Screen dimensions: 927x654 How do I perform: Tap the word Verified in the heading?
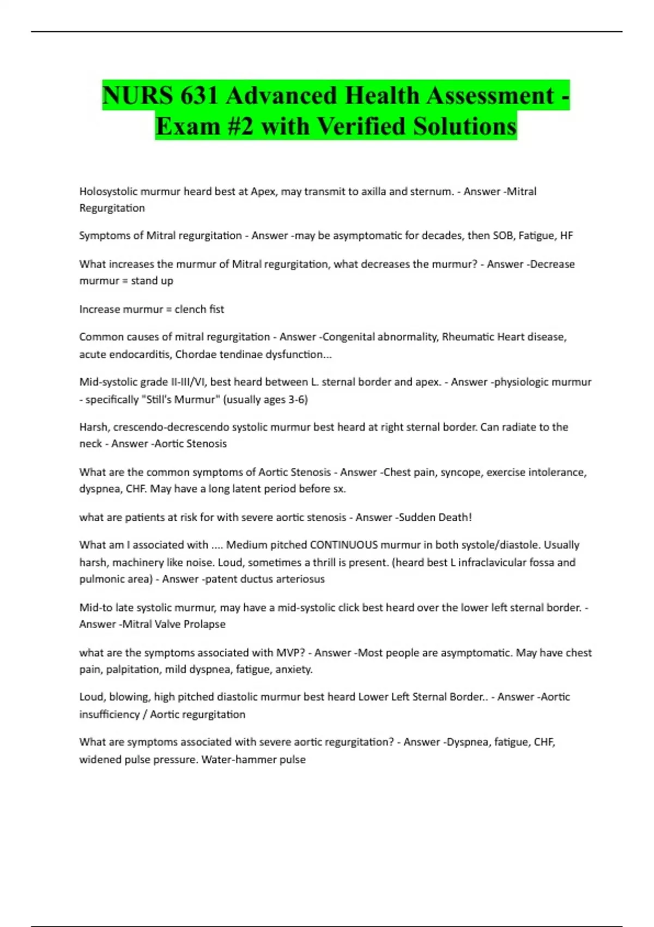coord(361,127)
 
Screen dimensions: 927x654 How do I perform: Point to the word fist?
coord(216,309)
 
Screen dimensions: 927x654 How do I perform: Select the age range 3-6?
coord(298,400)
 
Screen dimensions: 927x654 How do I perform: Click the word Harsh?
coord(94,427)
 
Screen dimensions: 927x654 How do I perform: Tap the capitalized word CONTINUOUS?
coord(343,545)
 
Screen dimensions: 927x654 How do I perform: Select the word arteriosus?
coord(301,579)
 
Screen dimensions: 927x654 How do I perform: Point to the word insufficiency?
coord(110,715)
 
